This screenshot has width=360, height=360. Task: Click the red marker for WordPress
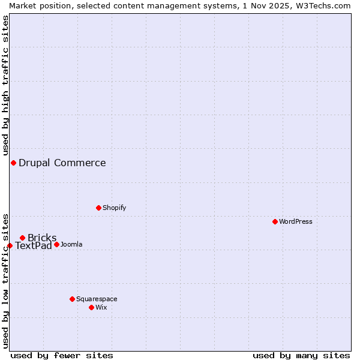[275, 221]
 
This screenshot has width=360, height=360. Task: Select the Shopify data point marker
[98, 208]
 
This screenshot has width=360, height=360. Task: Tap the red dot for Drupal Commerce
[13, 163]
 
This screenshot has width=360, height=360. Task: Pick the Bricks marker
[22, 238]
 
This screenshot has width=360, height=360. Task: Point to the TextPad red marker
[10, 245]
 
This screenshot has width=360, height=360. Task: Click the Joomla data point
[56, 244]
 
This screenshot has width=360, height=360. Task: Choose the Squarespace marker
[72, 299]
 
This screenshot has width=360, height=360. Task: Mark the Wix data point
[91, 307]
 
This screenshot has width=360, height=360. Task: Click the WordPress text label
[296, 221]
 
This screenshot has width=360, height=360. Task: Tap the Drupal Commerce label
[62, 163]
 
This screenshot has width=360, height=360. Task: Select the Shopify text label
[115, 208]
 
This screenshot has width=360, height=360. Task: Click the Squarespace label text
[97, 299]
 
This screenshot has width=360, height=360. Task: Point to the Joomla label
[71, 244]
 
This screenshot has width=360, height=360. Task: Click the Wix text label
[101, 307]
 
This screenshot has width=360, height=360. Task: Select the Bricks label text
[42, 238]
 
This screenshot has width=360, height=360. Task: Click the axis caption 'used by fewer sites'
[62, 355]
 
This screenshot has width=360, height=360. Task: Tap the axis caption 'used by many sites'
[301, 355]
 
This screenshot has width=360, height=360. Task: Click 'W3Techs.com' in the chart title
[324, 5]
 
